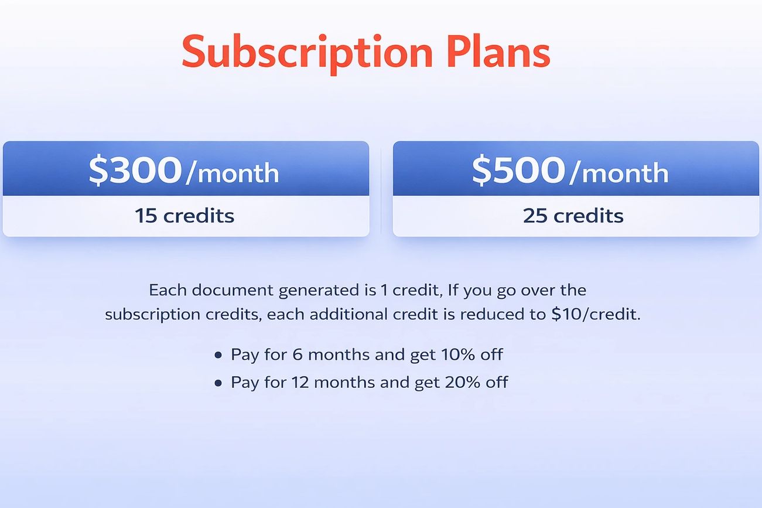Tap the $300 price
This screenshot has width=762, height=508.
coord(135,170)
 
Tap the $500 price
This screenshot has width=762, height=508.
coord(518,170)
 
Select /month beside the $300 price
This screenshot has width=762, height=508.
coord(232,173)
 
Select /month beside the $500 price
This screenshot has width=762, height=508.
coord(619,173)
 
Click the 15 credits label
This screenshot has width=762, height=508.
coord(184,216)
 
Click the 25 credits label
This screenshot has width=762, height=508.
coord(573,216)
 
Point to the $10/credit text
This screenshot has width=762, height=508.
coord(595,315)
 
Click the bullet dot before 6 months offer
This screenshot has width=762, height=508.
coord(218,355)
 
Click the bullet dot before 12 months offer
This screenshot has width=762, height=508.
coord(218,383)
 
